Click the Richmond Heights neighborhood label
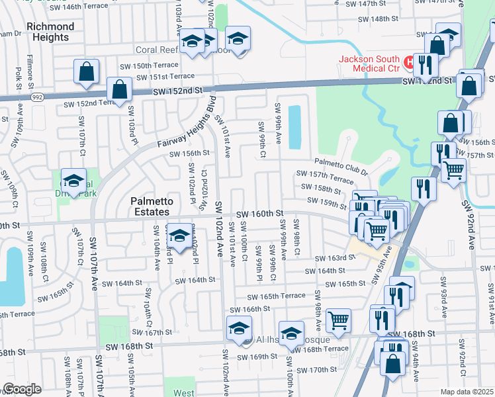pyautogui.click(x=50, y=32)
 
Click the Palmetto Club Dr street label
pyautogui.click(x=341, y=165)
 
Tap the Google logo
pyautogui.click(x=22, y=389)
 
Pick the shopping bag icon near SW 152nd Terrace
pyautogui.click(x=119, y=90)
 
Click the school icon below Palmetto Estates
pyautogui.click(x=179, y=236)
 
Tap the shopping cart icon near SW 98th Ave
pyautogui.click(x=338, y=320)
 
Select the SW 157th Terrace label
pyautogui.click(x=331, y=179)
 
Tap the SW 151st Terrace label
pyautogui.click(x=165, y=77)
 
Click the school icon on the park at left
pyautogui.click(x=74, y=181)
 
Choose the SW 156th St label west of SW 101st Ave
pyautogui.click(x=189, y=153)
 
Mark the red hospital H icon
pyautogui.click(x=410, y=64)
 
